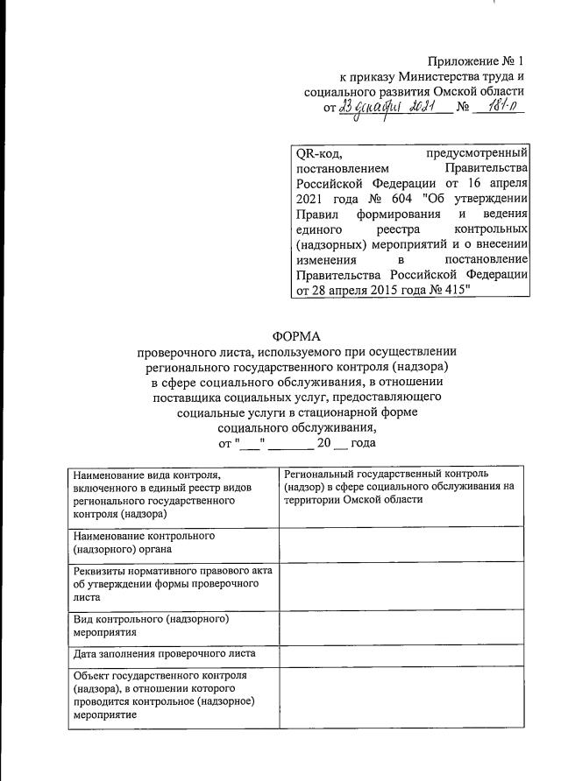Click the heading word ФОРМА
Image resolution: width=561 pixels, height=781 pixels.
(298, 334)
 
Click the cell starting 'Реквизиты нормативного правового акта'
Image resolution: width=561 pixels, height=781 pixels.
(173, 583)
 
